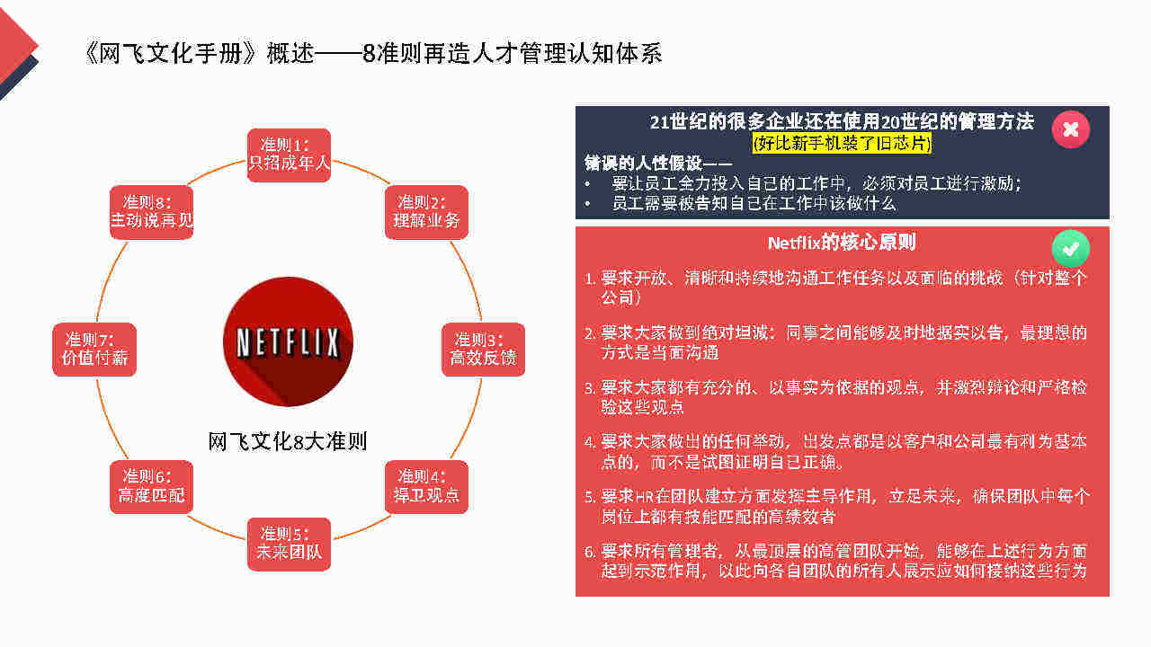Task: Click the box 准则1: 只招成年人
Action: (x=289, y=155)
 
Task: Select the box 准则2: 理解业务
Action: (x=426, y=212)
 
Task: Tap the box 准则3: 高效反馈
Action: (x=483, y=350)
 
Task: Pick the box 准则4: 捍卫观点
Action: (x=426, y=487)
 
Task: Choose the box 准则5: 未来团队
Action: (x=289, y=544)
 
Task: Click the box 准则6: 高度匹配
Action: (x=152, y=487)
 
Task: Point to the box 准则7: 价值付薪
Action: (x=94, y=350)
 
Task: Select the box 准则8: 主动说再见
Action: (x=152, y=212)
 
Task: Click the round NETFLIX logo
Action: (x=289, y=342)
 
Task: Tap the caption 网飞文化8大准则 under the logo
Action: (x=288, y=441)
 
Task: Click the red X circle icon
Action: (x=1071, y=129)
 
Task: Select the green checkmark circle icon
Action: (x=1071, y=249)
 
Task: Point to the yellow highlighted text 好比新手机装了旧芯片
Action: (x=842, y=143)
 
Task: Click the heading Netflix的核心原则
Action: (x=842, y=243)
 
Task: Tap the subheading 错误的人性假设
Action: (x=643, y=164)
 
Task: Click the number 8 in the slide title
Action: (x=369, y=53)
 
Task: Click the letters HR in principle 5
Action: (x=644, y=497)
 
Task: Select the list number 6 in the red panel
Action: (x=589, y=552)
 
